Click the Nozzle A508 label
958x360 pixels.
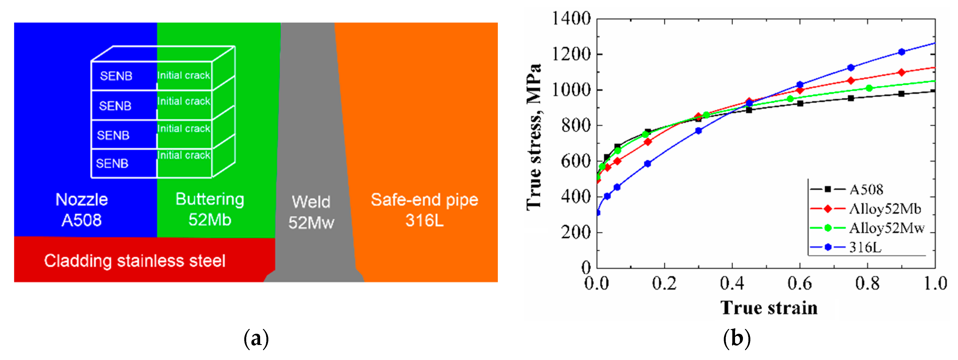click(x=81, y=210)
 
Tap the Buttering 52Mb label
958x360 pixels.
click(x=210, y=209)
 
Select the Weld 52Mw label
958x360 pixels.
click(x=311, y=212)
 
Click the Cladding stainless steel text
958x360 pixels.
click(x=135, y=261)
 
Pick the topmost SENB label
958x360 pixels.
click(x=116, y=76)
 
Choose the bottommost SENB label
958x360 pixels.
click(x=112, y=163)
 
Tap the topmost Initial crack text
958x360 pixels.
click(x=183, y=75)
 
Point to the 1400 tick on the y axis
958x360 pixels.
click(x=571, y=18)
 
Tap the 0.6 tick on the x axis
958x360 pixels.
click(x=800, y=284)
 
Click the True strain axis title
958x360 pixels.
click(x=769, y=308)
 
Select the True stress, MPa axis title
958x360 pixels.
click(x=534, y=137)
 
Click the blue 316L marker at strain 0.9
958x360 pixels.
click(x=901, y=52)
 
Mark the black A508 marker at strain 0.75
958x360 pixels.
click(x=851, y=98)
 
